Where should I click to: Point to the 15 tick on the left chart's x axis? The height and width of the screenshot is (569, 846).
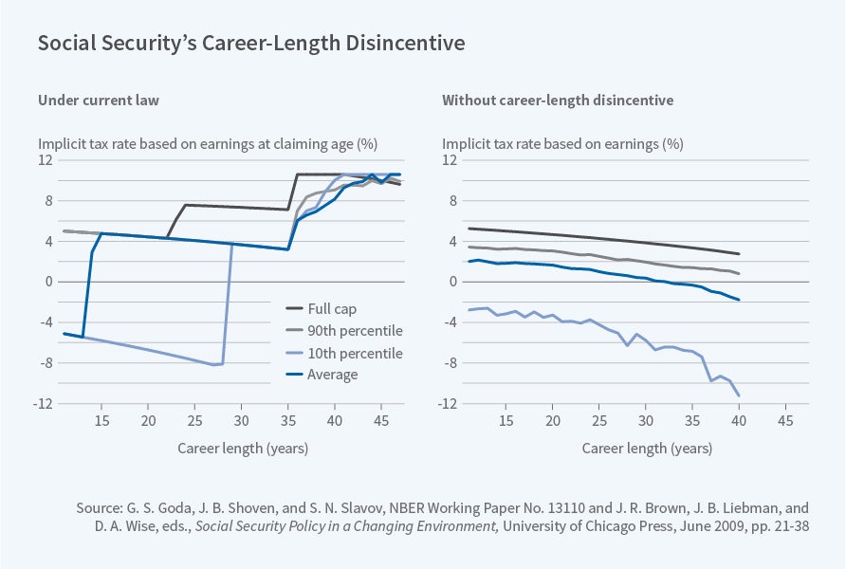101,420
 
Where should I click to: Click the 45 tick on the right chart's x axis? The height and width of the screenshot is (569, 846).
785,420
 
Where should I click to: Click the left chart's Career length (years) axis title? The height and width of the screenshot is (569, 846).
243,447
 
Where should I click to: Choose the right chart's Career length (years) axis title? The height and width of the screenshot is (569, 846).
648,447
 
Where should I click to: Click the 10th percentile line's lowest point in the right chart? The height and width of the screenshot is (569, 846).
738,395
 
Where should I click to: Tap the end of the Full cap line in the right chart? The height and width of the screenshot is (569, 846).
738,254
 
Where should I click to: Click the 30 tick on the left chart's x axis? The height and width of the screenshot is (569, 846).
241,420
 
